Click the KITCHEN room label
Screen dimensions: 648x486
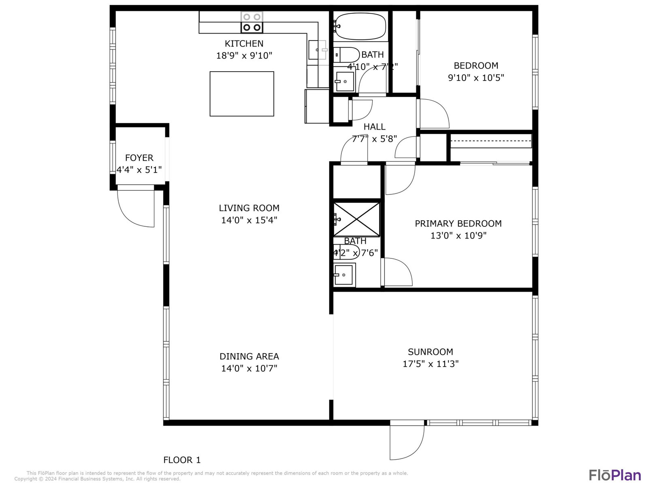(244, 44)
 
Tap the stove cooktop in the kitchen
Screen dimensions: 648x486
(252, 22)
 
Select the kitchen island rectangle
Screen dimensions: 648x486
(242, 94)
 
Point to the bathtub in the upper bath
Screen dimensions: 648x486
(360, 26)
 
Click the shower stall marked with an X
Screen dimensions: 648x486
(357, 219)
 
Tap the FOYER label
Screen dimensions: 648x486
(139, 158)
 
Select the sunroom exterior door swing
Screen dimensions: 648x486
(407, 440)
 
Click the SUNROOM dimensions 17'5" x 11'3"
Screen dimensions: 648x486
(431, 364)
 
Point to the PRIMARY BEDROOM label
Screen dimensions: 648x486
(458, 224)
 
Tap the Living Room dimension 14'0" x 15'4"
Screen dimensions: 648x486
(249, 220)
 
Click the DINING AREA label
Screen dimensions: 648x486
(249, 356)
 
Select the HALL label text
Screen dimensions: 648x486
(374, 127)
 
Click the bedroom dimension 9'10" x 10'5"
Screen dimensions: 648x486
(476, 78)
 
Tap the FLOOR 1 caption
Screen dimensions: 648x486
(182, 460)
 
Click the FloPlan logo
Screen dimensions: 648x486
(615, 475)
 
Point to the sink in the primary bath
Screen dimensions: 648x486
(344, 275)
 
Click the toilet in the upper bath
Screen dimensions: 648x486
(347, 55)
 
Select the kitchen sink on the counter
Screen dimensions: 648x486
(318, 50)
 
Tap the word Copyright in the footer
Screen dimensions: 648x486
(26, 479)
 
